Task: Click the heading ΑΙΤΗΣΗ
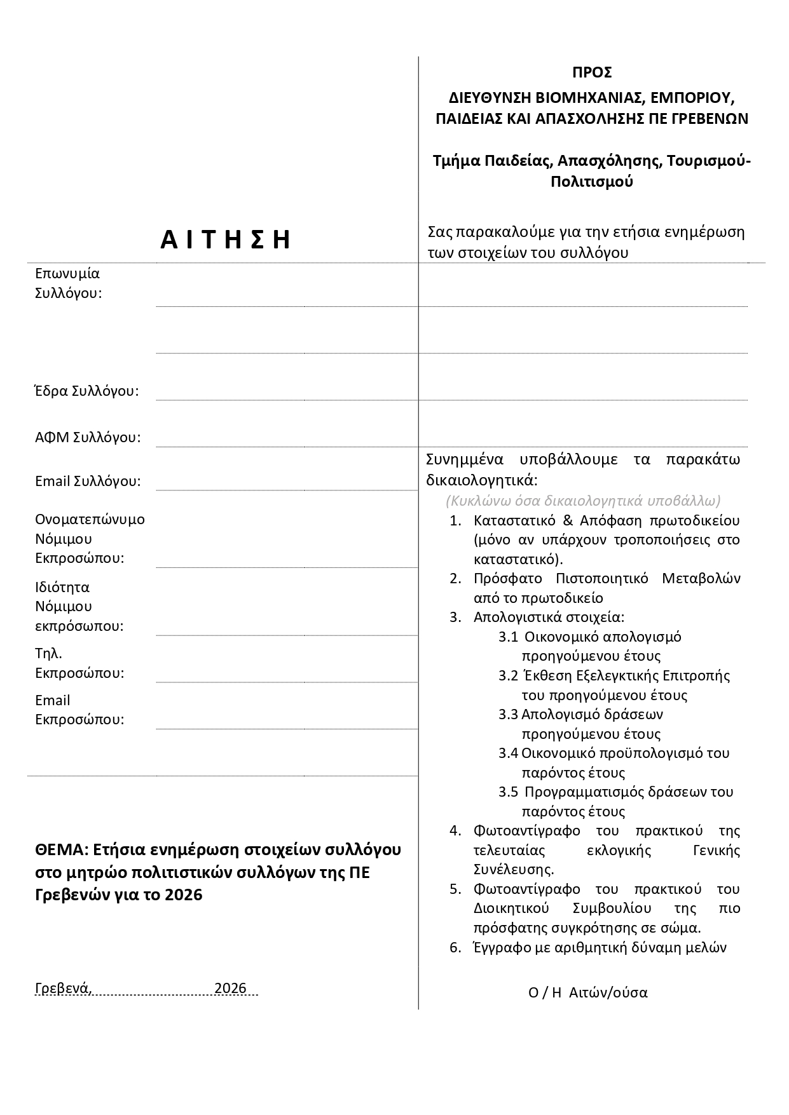[x=226, y=240]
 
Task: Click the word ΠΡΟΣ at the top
[x=591, y=72]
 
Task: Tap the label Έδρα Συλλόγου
[x=86, y=391]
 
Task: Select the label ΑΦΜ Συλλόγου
[x=88, y=437]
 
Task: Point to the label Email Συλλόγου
[x=88, y=481]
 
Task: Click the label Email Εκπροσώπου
[x=79, y=710]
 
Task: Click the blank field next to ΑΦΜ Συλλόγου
[x=286, y=435]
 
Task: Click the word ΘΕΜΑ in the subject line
[x=60, y=850]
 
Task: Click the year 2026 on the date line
[x=230, y=988]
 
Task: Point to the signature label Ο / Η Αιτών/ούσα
[x=587, y=992]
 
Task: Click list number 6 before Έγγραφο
[x=455, y=947]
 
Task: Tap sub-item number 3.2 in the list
[x=508, y=675]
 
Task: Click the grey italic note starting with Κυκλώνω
[x=583, y=501]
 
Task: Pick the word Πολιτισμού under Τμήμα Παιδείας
[x=592, y=182]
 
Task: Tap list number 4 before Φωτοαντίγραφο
[x=455, y=830]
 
